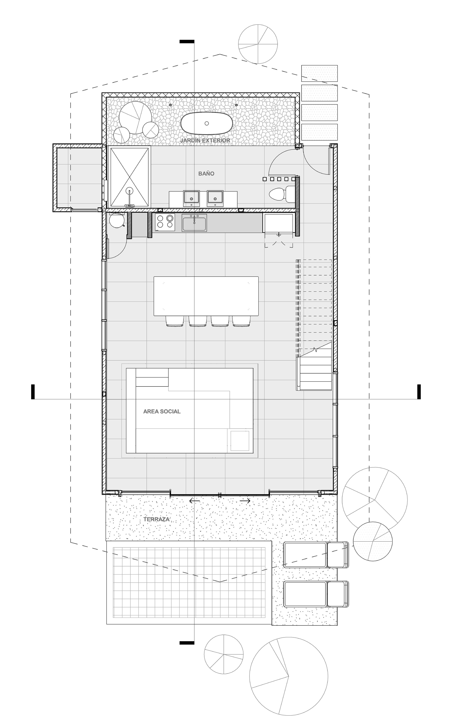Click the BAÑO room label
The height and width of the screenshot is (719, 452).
point(206,173)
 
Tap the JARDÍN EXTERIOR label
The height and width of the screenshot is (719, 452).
point(205,140)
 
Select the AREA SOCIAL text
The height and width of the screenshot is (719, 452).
point(162,412)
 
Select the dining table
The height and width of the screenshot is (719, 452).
point(206,296)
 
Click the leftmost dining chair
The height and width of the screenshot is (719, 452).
point(174,321)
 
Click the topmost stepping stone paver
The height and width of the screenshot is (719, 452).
point(319,73)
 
